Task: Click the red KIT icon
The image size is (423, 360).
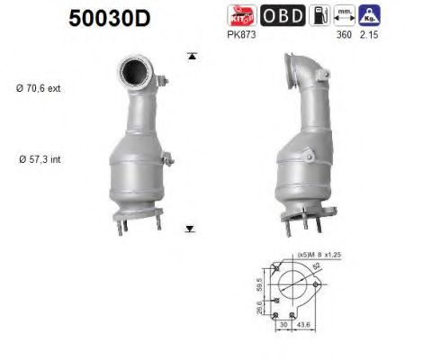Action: pos(255,15)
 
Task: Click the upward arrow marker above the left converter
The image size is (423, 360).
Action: pos(191,57)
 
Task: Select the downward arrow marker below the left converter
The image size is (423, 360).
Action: pos(190,229)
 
